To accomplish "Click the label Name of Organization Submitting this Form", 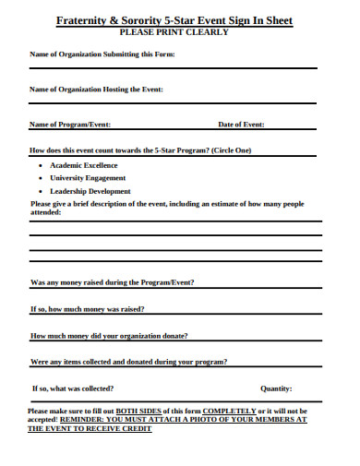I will (x=102, y=55).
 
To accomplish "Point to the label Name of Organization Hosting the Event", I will (x=96, y=90).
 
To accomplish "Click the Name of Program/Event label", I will (x=70, y=124).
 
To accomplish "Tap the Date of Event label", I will (x=241, y=124).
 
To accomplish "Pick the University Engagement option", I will (x=88, y=178).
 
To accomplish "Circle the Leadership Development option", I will (x=90, y=192).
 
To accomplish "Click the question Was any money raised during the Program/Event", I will (x=112, y=281).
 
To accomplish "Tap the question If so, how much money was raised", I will (x=87, y=308).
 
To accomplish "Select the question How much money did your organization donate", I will (x=109, y=335).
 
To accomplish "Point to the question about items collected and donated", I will (x=128, y=362).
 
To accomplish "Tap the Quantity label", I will (x=276, y=388).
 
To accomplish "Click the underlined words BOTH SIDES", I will (x=141, y=410).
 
